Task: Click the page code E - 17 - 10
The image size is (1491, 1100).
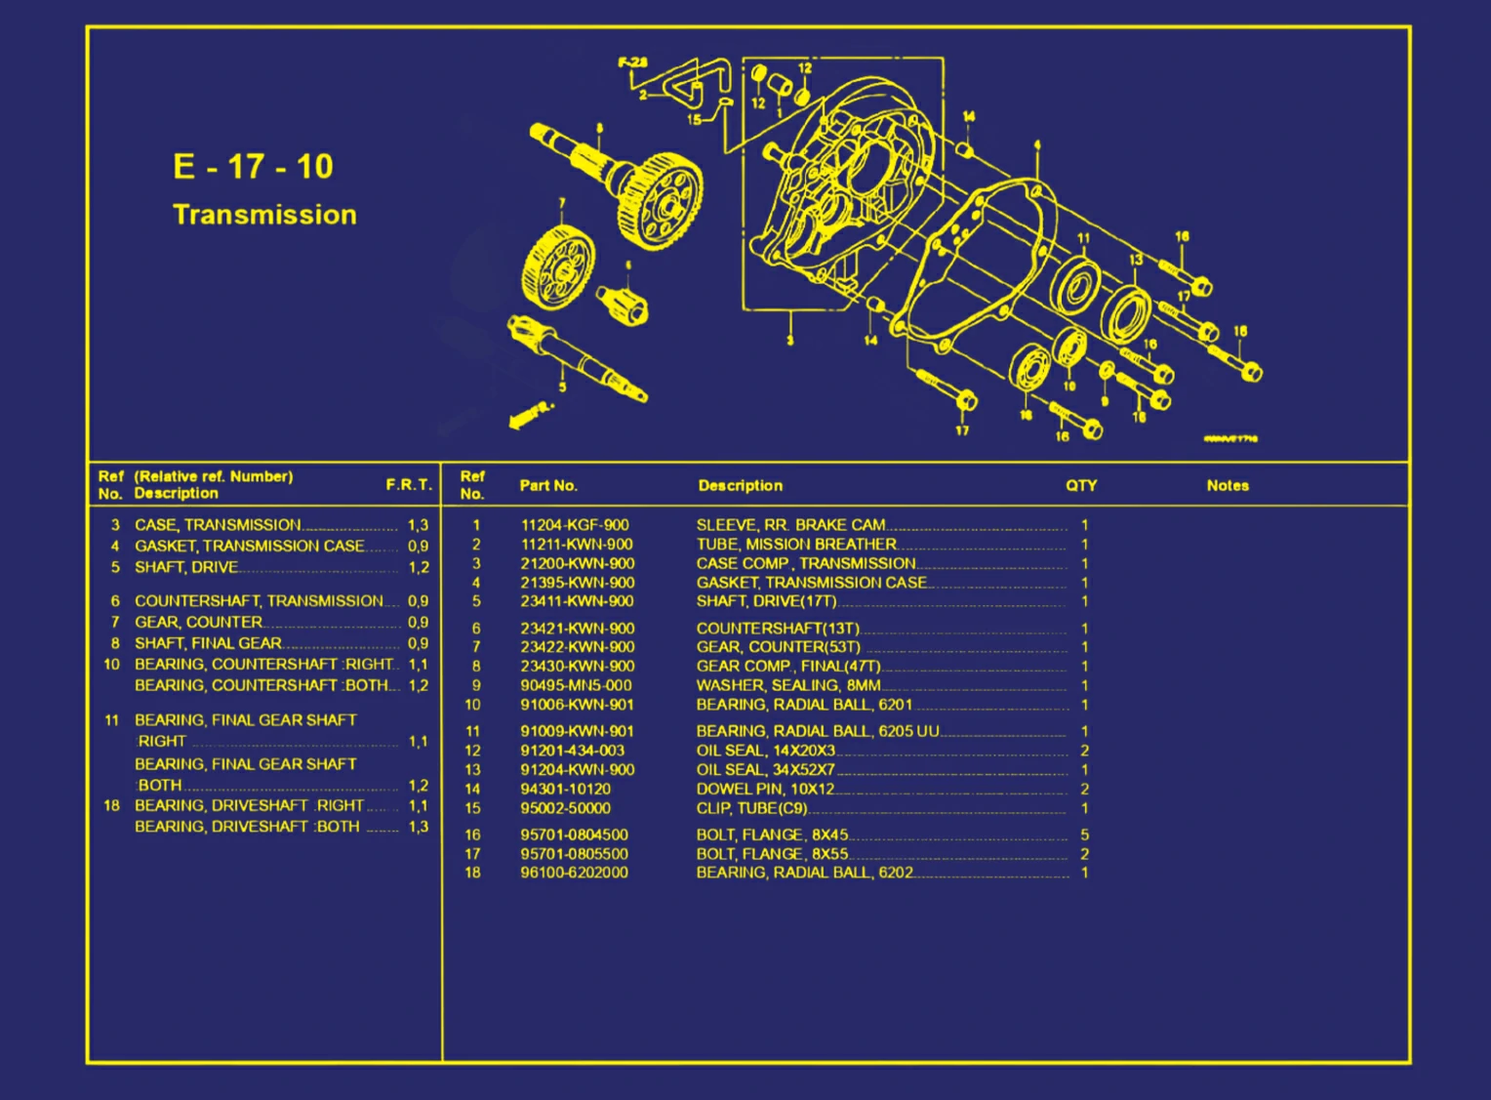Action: tap(253, 167)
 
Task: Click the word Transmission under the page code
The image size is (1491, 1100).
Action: tap(264, 215)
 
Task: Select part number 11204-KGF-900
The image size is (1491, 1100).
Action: tap(575, 525)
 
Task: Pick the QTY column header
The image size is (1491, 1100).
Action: tap(1081, 485)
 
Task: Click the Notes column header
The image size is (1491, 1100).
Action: tap(1228, 485)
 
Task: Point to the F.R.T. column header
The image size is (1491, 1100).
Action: tap(408, 484)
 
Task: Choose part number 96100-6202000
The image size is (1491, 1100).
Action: tap(574, 873)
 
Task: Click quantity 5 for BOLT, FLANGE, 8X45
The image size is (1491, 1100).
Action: tap(1084, 835)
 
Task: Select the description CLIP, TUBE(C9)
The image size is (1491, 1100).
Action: tap(751, 808)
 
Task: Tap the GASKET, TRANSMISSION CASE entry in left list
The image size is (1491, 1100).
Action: tap(250, 546)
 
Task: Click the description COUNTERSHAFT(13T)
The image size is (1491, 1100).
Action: tap(778, 629)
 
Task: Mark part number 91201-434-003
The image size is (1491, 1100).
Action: tap(572, 751)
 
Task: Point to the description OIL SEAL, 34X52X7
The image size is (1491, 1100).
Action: tap(765, 769)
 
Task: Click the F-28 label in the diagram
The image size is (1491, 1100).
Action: tap(632, 62)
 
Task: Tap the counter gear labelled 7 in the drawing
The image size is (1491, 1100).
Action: tap(557, 266)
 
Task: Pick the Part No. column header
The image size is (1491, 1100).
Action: tap(547, 485)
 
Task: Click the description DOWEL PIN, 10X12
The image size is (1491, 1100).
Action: tap(765, 789)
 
